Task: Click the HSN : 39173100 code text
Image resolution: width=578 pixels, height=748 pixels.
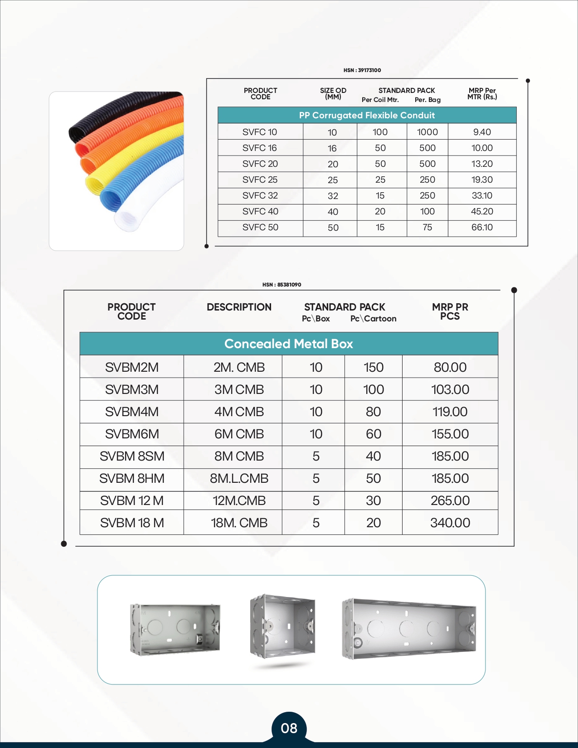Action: [362, 70]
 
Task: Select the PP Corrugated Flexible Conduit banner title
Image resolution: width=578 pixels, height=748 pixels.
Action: [367, 115]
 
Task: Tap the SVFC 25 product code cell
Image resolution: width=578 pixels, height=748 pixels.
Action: [260, 180]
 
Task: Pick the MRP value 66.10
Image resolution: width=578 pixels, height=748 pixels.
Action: [482, 227]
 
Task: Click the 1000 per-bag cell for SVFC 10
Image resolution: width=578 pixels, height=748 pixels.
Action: [427, 132]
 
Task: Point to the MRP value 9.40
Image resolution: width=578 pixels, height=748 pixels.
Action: [482, 132]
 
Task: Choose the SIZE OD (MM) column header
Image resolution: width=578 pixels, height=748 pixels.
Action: [333, 93]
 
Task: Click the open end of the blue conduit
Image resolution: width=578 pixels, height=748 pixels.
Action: [110, 199]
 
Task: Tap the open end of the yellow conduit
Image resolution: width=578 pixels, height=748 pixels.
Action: [95, 184]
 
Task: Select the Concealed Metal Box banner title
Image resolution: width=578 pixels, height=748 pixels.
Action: [288, 344]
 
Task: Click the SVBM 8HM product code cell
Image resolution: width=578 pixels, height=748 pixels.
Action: [131, 478]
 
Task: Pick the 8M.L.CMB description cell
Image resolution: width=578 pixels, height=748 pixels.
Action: [239, 478]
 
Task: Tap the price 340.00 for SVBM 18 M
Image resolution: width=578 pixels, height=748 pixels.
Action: [450, 523]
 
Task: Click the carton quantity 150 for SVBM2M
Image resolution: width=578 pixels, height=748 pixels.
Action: [373, 367]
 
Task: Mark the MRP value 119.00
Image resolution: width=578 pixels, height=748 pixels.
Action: [450, 412]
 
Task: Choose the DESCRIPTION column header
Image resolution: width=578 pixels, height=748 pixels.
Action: [239, 307]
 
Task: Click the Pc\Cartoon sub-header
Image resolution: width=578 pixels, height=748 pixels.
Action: [373, 319]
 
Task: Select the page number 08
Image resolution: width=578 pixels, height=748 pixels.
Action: [289, 728]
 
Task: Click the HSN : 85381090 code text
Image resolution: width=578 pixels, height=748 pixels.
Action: [282, 285]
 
